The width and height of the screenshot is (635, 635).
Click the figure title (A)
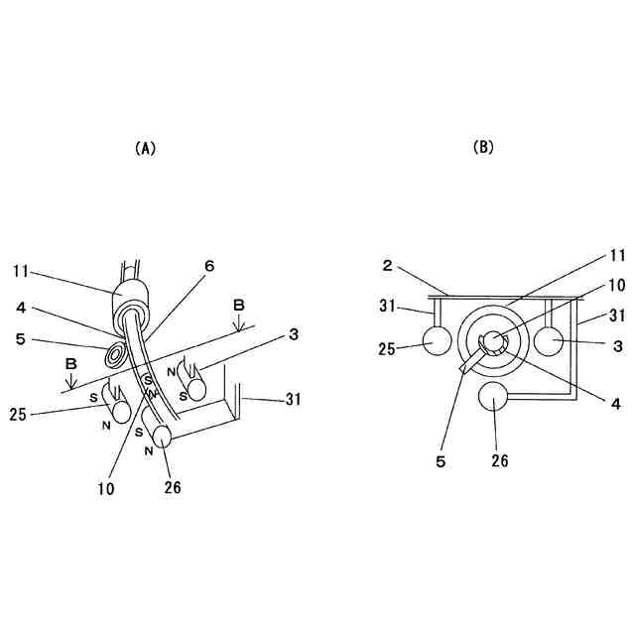145,148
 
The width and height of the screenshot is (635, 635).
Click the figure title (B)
483,147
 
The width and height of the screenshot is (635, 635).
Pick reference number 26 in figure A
173,486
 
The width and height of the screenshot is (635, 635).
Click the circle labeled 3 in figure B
549,341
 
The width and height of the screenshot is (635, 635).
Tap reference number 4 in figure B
589,404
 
